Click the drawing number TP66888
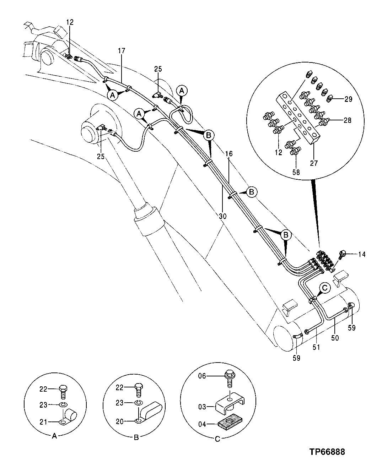[x=327, y=452]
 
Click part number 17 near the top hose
[x=122, y=51]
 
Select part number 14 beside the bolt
[x=361, y=254]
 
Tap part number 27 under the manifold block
[x=314, y=163]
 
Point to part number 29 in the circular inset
[x=348, y=99]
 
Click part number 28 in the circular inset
[x=347, y=120]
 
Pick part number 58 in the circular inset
[x=296, y=173]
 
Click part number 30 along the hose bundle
[x=223, y=216]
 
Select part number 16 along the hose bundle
[x=228, y=153]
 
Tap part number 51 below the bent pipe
[x=316, y=347]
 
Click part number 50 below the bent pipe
[x=335, y=338]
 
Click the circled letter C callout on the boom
[x=325, y=288]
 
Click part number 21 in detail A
[x=43, y=422]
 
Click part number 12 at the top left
[x=70, y=22]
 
